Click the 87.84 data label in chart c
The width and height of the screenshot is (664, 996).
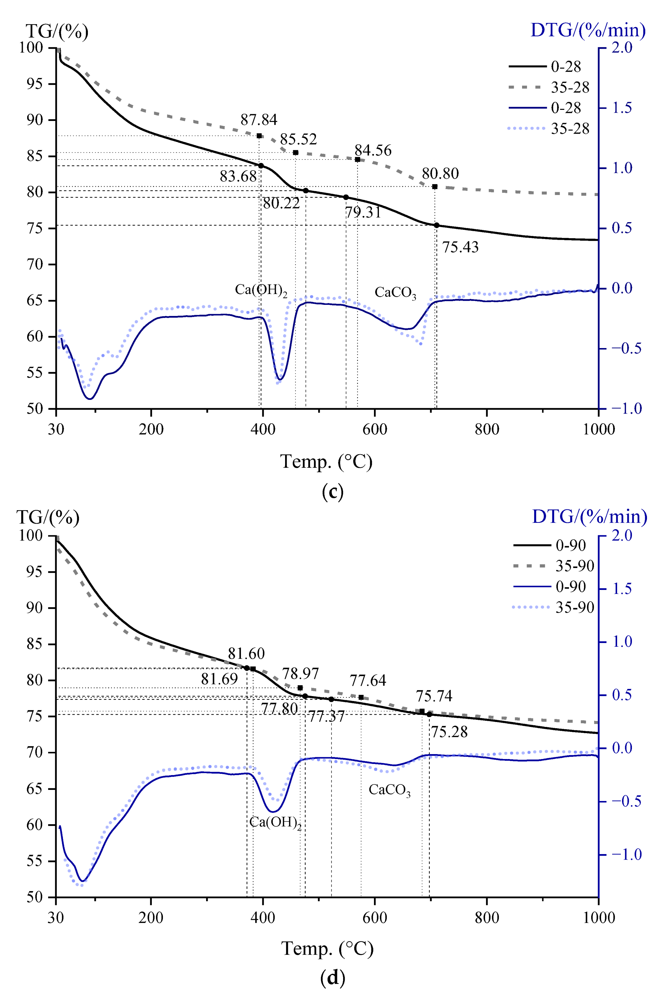point(259,120)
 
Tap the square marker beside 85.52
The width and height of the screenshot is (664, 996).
point(296,152)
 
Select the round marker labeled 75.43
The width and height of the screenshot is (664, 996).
point(437,225)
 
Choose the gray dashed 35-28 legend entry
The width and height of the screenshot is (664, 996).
point(549,87)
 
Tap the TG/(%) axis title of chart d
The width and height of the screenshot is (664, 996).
point(48,517)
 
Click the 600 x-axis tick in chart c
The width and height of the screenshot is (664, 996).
point(375,430)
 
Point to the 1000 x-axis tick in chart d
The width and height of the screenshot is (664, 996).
point(598,917)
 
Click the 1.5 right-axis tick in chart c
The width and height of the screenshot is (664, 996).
point(622,108)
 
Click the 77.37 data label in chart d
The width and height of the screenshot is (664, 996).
point(326,716)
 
